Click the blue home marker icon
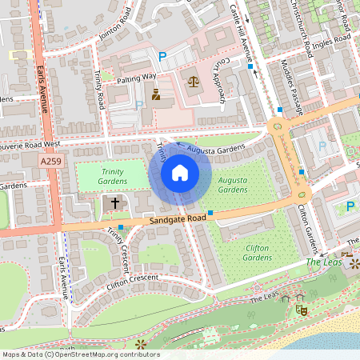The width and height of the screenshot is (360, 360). pos(180,173)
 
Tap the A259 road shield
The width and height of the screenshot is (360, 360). pos(50,162)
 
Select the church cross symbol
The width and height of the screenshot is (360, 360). pos(114,203)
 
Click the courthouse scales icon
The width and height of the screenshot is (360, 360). pos(193,81)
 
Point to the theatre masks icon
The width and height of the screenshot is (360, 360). pos(302,307)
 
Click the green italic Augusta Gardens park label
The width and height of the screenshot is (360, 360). pos(233,185)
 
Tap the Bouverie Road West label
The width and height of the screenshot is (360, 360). pos(29,145)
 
